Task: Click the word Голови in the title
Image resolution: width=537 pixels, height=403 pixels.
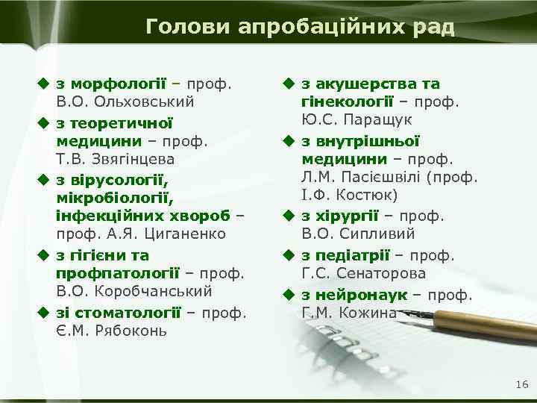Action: click(189, 28)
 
